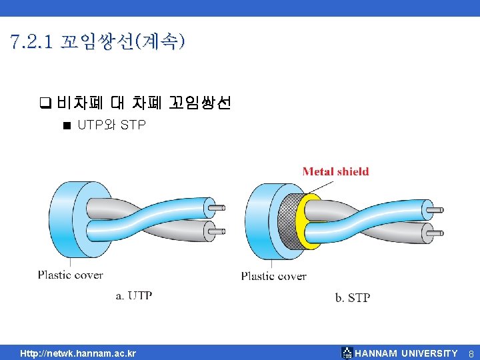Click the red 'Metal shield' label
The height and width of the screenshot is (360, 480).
click(335, 171)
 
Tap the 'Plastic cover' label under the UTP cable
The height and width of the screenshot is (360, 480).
click(70, 274)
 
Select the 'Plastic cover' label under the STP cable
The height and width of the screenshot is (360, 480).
click(273, 275)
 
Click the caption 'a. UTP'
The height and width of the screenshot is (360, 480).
click(134, 295)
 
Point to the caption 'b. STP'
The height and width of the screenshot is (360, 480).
click(352, 297)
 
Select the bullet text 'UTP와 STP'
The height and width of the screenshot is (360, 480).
click(111, 125)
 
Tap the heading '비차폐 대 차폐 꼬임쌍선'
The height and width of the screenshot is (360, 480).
click(143, 103)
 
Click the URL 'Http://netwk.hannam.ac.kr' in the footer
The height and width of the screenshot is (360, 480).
click(78, 353)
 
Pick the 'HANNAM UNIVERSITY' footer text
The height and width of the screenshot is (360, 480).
click(406, 353)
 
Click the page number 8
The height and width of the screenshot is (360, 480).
click(470, 353)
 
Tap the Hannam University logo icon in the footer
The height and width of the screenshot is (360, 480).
click(347, 353)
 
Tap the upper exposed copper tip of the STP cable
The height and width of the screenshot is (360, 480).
click(435, 211)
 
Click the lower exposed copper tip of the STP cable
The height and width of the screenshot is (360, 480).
click(435, 233)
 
